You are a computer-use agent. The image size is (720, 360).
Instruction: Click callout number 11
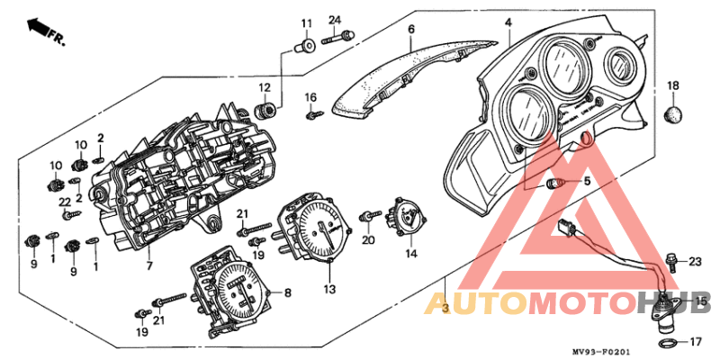(x=305, y=23)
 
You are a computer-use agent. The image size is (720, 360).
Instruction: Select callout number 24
(x=335, y=20)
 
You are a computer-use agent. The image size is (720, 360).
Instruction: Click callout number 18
(x=672, y=85)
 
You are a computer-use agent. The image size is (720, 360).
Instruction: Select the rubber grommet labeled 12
(x=265, y=111)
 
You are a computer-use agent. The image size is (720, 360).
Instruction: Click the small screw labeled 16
(x=314, y=115)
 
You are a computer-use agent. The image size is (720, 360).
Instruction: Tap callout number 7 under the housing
(x=150, y=265)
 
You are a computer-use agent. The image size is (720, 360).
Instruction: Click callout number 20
(x=368, y=240)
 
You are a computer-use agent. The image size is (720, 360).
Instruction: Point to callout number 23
(x=694, y=261)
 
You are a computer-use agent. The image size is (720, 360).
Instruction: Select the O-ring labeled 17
(x=665, y=343)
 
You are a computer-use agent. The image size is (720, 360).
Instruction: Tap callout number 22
(x=65, y=202)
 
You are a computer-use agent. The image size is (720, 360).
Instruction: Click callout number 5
(x=587, y=182)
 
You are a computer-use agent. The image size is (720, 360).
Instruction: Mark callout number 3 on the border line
(x=445, y=308)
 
